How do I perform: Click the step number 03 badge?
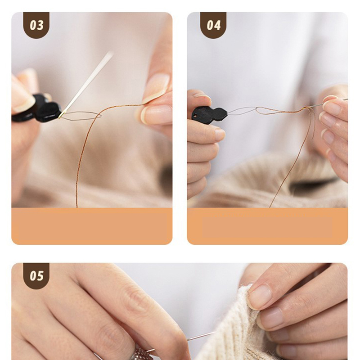[36, 25]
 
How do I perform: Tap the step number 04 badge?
[213, 25]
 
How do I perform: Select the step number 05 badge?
[36, 275]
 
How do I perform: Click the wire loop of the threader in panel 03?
[81, 116]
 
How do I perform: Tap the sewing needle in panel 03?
[85, 85]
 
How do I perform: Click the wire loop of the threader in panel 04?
[243, 110]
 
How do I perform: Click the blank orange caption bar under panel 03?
[92, 226]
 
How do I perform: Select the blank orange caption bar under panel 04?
[267, 226]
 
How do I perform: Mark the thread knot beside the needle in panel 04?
[306, 108]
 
